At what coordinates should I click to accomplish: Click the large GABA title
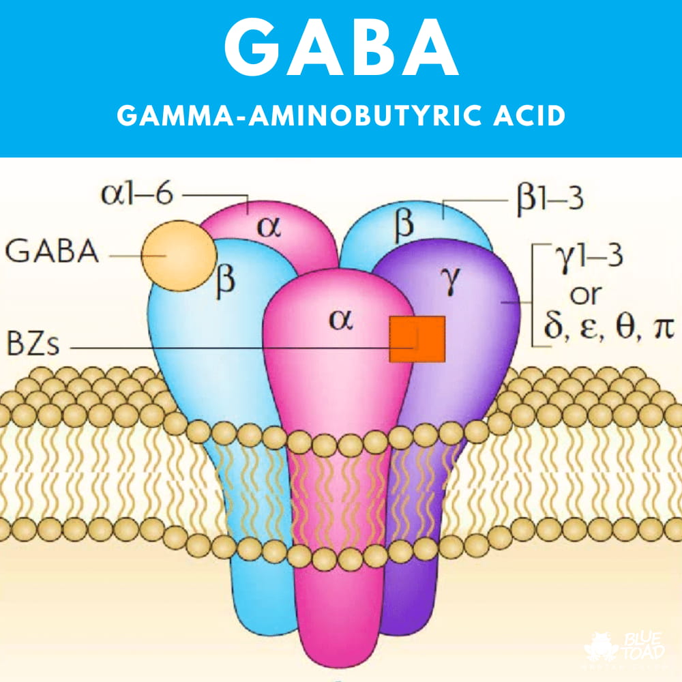click(x=340, y=50)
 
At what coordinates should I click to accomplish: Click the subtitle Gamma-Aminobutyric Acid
click(x=341, y=116)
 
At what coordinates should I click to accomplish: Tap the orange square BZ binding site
click(x=417, y=339)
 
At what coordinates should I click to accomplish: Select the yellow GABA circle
click(x=179, y=254)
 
